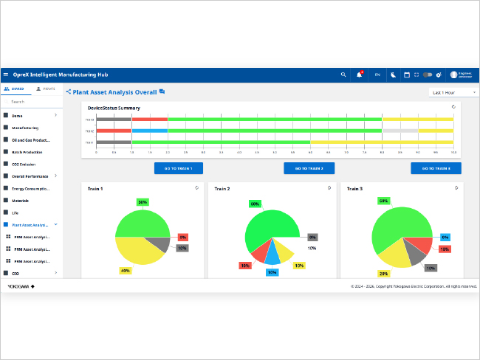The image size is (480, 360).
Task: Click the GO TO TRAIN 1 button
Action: [178, 168]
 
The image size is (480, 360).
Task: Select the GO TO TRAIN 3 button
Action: [436, 168]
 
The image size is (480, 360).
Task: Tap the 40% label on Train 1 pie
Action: [125, 270]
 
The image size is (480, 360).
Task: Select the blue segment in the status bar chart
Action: [150, 131]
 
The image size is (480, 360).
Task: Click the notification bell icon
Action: [360, 75]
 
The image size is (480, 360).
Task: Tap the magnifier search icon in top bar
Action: [343, 75]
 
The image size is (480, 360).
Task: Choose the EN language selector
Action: [377, 75]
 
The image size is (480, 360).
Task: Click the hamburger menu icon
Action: [6, 75]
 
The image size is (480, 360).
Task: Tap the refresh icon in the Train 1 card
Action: [196, 187]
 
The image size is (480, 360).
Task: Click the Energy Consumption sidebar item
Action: [30, 188]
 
